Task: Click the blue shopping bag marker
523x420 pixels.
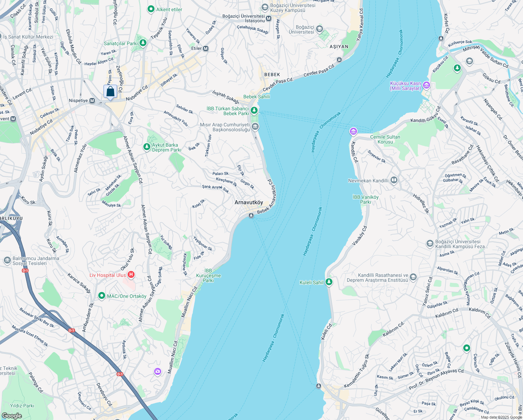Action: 110,92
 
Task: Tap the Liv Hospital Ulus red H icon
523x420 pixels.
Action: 131,275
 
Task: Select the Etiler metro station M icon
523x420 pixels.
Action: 206,49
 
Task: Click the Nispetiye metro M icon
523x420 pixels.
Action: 92,101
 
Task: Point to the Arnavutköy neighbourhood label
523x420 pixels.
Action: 249,202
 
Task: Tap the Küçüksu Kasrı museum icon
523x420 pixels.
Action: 426,85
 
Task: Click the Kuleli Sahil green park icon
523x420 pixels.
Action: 329,282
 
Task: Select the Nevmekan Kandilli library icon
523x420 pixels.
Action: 394,180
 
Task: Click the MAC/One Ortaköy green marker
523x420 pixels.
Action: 102,296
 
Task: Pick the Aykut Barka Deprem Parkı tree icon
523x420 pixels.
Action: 147,147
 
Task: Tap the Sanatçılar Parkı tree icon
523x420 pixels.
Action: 143,43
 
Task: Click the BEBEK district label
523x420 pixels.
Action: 272,75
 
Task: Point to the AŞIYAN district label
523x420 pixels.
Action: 339,47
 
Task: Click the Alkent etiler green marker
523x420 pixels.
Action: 151,9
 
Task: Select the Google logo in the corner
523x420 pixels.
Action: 12,415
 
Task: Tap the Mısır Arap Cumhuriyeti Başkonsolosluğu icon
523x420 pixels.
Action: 255,127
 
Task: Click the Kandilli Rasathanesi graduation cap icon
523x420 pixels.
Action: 413,278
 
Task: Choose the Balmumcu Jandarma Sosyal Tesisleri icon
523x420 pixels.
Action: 7,260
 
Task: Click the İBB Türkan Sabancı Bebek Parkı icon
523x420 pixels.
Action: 254,111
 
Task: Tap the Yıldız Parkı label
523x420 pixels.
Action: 22,406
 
